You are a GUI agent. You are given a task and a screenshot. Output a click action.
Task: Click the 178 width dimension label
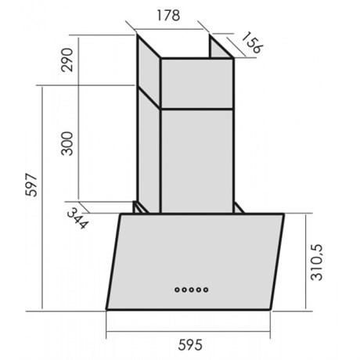tap(168, 16)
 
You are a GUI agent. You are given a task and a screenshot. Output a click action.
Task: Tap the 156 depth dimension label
tap(252, 42)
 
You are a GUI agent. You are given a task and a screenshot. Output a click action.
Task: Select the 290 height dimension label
tap(67, 59)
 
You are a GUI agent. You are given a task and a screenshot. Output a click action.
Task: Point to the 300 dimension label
tap(67, 144)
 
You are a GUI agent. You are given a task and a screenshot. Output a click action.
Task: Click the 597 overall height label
tap(31, 185)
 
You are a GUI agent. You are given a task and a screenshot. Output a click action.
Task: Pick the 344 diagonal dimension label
tap(77, 218)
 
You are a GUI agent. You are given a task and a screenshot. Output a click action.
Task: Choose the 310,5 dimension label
tap(317, 262)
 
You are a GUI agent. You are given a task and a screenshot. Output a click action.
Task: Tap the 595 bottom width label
tap(190, 345)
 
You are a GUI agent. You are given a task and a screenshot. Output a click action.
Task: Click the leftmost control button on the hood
tap(178, 290)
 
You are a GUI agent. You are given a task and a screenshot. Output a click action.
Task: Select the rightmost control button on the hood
tap(206, 290)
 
